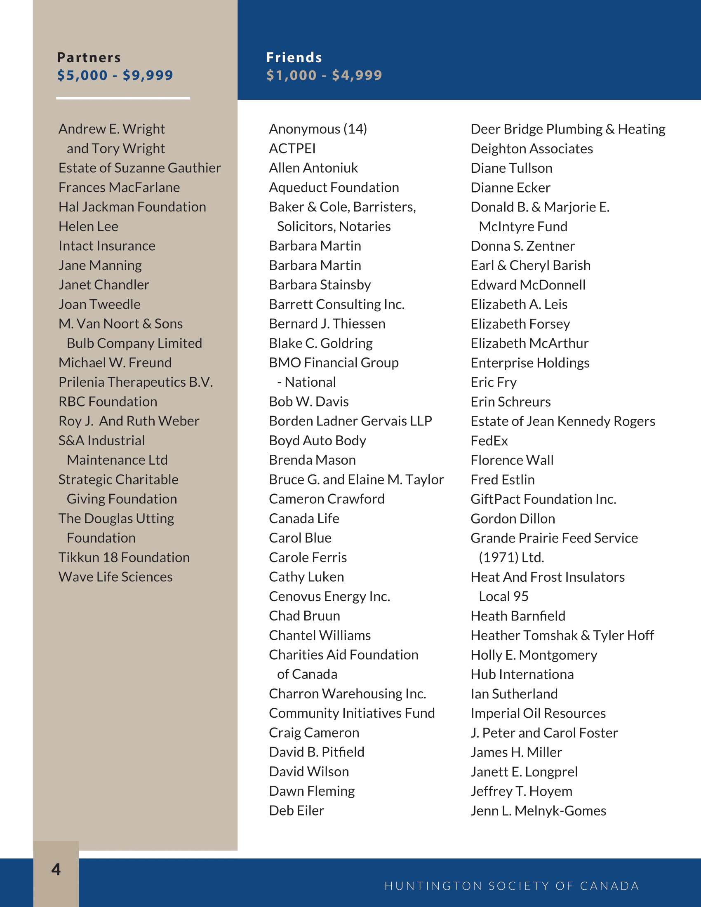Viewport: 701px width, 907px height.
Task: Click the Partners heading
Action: pyautogui.click(x=89, y=57)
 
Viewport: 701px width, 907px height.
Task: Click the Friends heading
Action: pyautogui.click(x=294, y=57)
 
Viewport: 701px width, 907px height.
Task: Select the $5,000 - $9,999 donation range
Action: pyautogui.click(x=115, y=75)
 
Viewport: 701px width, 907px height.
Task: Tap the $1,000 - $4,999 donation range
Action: pyautogui.click(x=324, y=75)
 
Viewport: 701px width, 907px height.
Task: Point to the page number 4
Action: pyautogui.click(x=56, y=869)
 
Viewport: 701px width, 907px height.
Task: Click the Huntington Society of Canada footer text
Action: pyautogui.click(x=512, y=886)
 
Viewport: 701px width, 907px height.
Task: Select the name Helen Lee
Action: pyautogui.click(x=89, y=226)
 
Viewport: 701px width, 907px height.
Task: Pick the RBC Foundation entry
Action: pyautogui.click(x=108, y=402)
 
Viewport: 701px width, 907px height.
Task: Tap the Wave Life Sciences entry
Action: pyautogui.click(x=115, y=577)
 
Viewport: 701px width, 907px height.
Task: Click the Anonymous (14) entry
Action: pyautogui.click(x=318, y=129)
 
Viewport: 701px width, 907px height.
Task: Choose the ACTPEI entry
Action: pyautogui.click(x=292, y=149)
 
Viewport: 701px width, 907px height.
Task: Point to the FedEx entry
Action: pyautogui.click(x=489, y=441)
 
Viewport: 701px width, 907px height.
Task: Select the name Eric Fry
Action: pyautogui.click(x=494, y=382)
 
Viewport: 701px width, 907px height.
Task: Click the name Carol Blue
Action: pyautogui.click(x=300, y=538)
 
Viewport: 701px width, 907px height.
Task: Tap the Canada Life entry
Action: pyautogui.click(x=304, y=518)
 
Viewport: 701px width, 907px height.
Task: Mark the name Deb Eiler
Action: pyautogui.click(x=296, y=810)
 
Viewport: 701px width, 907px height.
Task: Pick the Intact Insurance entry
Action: pyautogui.click(x=107, y=246)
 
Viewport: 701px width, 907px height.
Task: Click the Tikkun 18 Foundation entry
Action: pyautogui.click(x=124, y=557)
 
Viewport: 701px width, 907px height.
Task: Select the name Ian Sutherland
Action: pyautogui.click(x=514, y=693)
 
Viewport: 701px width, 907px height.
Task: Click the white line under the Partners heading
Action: pyautogui.click(x=123, y=99)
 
